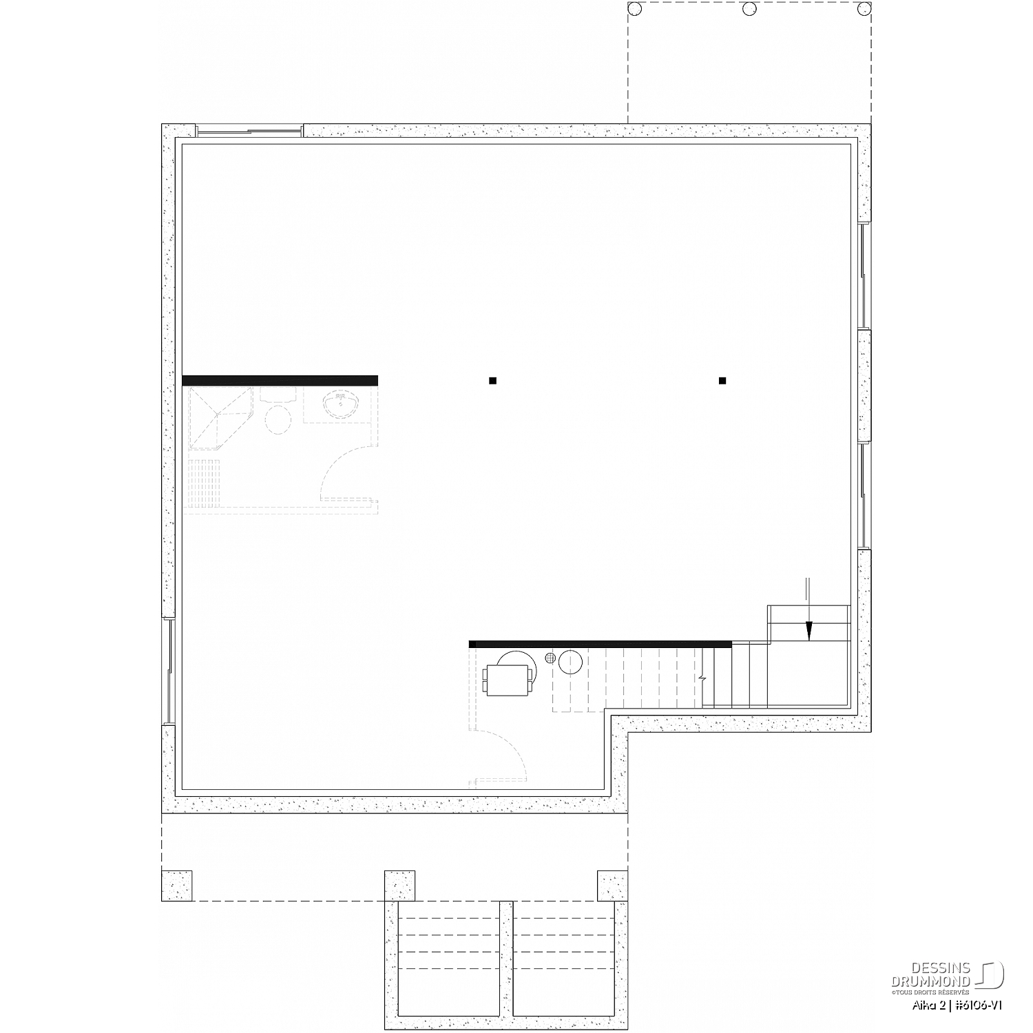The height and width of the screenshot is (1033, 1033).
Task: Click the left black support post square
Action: (492, 380)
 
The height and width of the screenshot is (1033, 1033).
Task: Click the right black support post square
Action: (722, 380)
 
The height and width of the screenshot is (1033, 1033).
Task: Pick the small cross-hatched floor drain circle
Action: (550, 658)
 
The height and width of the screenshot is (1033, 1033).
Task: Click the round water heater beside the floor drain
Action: (571, 662)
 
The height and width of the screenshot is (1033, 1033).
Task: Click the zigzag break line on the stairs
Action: (702, 678)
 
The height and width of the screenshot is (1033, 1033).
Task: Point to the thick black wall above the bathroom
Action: (280, 380)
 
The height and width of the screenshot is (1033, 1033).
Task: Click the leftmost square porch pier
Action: (176, 886)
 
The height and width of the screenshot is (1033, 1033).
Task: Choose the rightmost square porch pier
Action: (612, 886)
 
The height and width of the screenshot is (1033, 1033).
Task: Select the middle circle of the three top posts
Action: (749, 8)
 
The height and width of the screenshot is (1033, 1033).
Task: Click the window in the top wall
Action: (249, 131)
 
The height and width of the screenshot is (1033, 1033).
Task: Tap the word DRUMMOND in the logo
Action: (931, 981)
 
